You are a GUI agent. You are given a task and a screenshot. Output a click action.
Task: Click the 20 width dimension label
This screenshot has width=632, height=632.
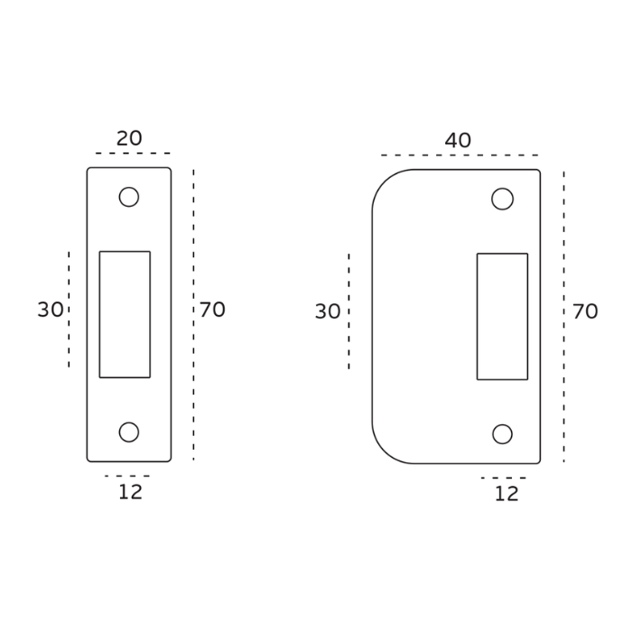[x=129, y=138]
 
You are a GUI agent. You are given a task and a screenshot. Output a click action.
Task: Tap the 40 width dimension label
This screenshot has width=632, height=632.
[x=458, y=140]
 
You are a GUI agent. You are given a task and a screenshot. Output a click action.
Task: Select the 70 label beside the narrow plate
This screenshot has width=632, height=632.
[x=212, y=310]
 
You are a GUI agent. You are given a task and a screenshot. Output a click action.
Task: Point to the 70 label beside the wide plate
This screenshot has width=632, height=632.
[x=585, y=311]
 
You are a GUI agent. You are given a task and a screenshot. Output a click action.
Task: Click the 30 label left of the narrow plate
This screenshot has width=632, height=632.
[x=51, y=310]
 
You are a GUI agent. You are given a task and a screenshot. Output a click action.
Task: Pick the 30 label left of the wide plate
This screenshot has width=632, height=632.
[x=328, y=311]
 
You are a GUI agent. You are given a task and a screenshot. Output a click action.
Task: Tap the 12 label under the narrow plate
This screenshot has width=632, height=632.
[x=131, y=492]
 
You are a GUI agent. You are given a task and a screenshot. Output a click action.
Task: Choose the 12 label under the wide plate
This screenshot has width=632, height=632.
[x=507, y=494]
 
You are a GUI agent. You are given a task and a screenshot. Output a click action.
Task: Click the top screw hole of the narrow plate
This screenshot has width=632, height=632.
[x=129, y=197]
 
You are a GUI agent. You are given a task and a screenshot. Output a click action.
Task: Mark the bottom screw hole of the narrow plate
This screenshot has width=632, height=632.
[x=129, y=432]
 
